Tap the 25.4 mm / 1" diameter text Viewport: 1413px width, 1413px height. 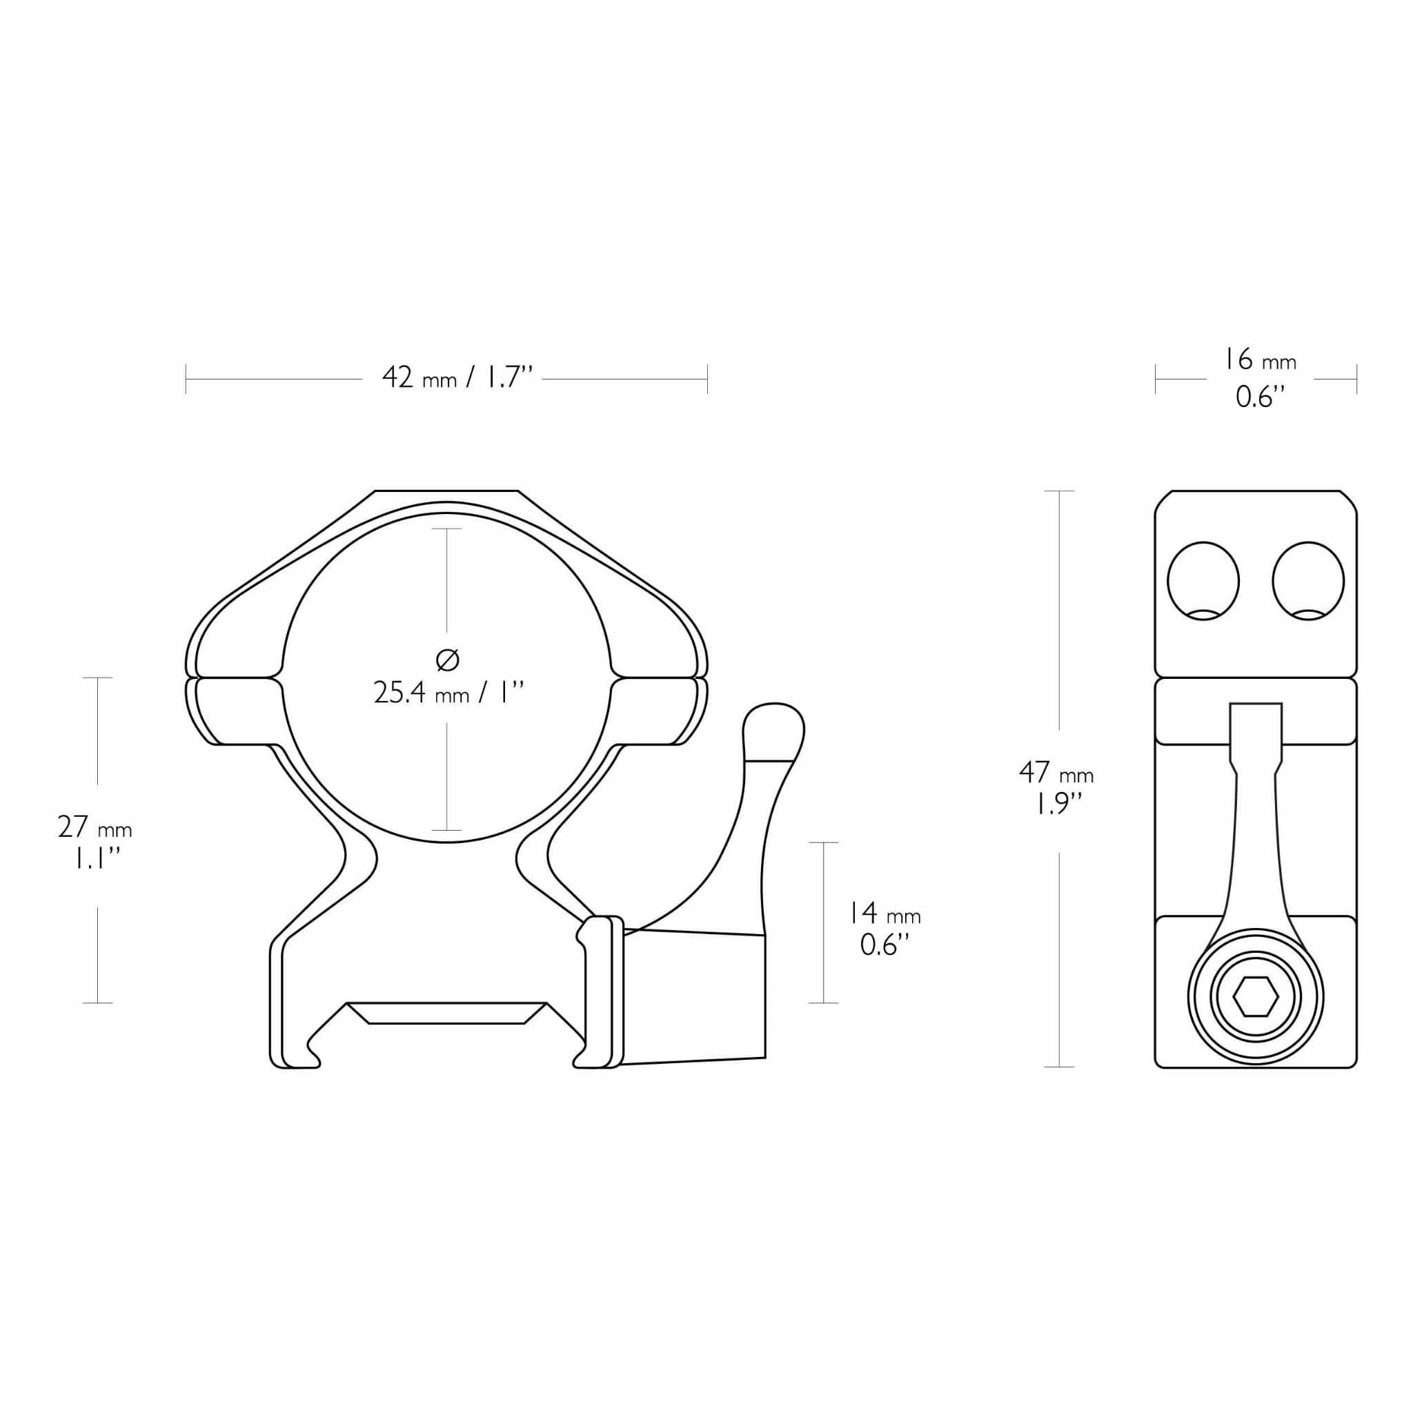pos(449,692)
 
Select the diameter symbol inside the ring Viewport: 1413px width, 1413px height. pos(447,660)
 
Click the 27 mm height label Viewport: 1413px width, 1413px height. pos(95,828)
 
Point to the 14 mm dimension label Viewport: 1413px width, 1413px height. pos(885,913)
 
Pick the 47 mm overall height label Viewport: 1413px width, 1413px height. pos(1056,772)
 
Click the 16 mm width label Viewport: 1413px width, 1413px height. pos(1260,360)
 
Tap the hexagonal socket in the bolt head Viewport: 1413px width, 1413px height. pos(1256,997)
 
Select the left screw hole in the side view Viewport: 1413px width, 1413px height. pos(1203,582)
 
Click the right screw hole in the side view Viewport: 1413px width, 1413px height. pos(1308,582)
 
